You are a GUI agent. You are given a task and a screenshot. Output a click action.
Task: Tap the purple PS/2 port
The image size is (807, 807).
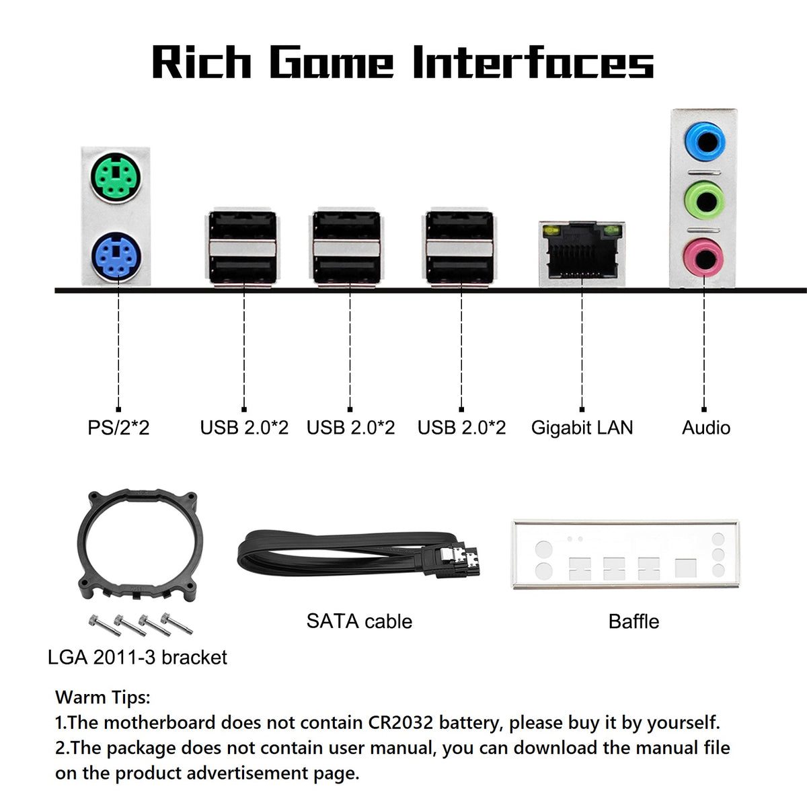[116, 257]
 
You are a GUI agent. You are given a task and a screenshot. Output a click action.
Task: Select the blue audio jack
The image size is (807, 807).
[704, 141]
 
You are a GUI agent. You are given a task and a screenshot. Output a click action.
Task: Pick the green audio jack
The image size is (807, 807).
[704, 200]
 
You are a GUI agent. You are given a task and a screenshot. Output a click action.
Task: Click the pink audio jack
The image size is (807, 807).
[703, 257]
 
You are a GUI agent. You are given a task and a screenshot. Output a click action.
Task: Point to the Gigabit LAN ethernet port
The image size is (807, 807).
[582, 254]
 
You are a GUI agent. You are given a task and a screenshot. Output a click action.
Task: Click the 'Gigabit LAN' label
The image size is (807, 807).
[582, 428]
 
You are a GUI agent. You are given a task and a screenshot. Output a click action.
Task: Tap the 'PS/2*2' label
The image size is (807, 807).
[118, 428]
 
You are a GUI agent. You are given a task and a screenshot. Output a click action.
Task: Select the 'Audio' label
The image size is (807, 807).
[706, 428]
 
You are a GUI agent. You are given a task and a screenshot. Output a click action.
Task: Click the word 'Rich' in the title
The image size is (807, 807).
[202, 62]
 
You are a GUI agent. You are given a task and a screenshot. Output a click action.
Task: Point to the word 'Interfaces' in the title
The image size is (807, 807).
[533, 62]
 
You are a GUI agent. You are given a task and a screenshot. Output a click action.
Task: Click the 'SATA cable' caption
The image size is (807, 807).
[359, 621]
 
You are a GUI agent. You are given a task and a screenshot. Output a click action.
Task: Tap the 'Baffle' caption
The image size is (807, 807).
[633, 621]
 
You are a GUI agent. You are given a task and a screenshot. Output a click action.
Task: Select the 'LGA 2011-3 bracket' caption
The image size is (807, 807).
[137, 658]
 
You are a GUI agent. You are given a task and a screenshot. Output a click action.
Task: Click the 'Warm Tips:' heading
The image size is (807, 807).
[103, 697]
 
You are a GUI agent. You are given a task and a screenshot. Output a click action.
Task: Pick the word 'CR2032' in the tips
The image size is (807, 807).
[400, 722]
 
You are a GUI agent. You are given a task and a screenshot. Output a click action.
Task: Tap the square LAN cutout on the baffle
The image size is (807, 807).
[685, 568]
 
